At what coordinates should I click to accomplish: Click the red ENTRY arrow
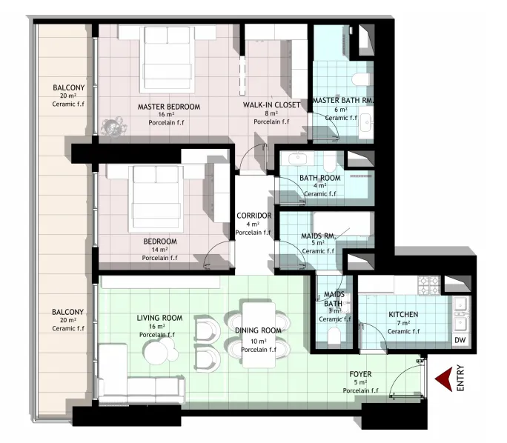443,379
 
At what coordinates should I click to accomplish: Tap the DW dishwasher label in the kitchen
460,340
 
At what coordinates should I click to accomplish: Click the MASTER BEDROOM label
169,107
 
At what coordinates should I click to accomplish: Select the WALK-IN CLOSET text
271,105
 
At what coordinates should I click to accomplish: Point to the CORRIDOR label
253,216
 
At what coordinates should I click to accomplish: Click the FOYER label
360,374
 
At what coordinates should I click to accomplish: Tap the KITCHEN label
403,314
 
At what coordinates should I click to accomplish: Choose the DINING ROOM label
258,330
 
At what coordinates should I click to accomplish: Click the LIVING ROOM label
159,318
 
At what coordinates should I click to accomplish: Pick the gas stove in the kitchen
429,285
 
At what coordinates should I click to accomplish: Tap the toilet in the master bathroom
360,79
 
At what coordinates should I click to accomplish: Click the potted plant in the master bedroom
113,127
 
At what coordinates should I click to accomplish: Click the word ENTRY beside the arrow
460,378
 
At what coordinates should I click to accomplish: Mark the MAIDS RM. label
319,236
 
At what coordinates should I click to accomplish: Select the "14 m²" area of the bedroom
159,250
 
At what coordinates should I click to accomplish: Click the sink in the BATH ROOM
297,159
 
